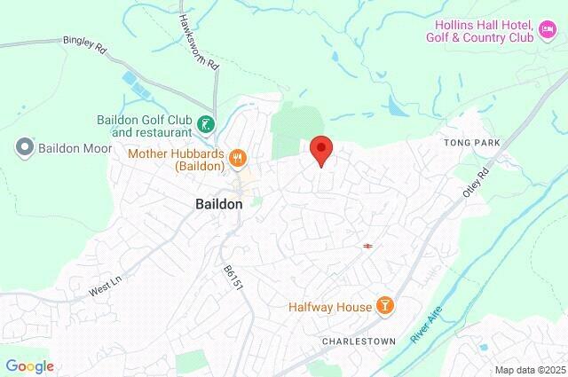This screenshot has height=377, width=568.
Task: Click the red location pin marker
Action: click(321, 150)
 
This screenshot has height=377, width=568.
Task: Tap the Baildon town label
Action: click(218, 204)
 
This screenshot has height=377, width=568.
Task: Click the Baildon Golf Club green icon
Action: click(207, 125)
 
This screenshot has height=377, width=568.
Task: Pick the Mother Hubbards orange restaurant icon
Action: click(237, 159)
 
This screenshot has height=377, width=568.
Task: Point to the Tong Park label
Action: click(472, 143)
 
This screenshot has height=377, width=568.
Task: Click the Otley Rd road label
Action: click(477, 184)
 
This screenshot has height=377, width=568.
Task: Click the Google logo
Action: click(29, 366)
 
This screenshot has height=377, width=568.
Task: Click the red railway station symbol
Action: click(367, 246)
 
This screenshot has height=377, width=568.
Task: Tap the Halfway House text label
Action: click(329, 307)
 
